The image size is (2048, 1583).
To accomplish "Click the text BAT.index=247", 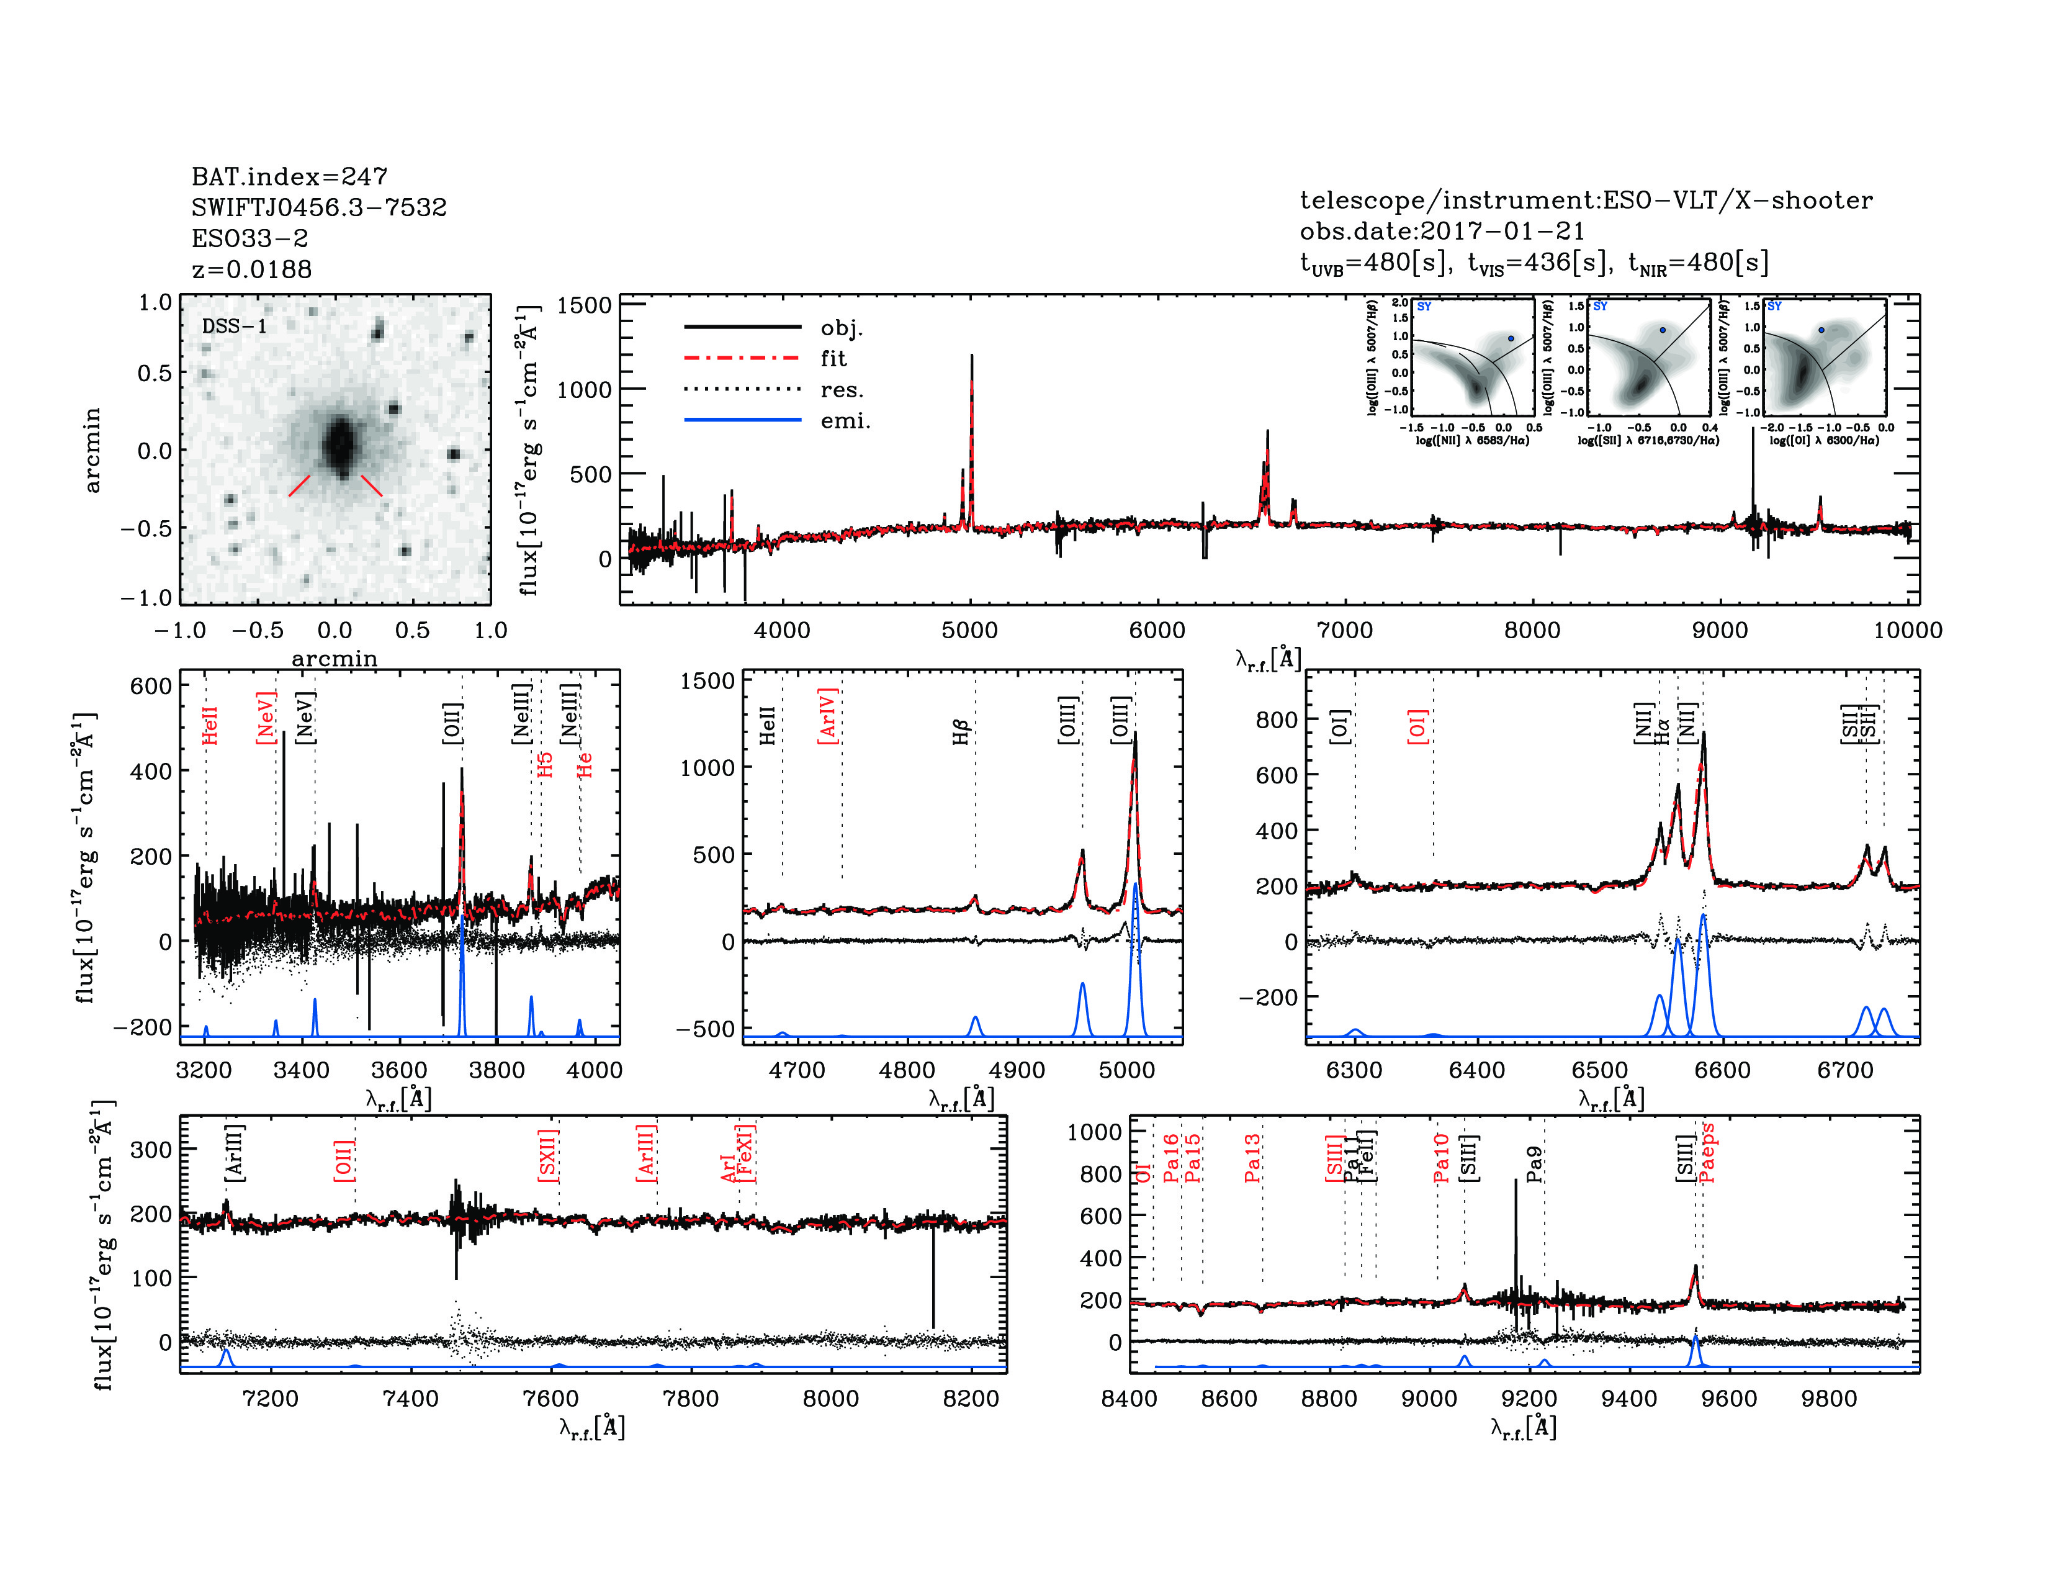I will click(289, 176).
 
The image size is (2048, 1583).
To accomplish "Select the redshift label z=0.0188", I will click(251, 269).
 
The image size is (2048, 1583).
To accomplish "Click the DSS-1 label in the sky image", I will click(235, 327).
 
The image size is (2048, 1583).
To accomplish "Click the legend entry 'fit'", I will click(833, 358).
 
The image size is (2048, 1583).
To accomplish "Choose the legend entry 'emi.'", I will click(845, 421).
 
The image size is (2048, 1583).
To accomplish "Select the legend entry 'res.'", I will click(841, 390).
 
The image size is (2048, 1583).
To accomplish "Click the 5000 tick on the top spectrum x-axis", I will click(969, 630).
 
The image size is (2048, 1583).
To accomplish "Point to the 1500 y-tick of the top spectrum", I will click(583, 305).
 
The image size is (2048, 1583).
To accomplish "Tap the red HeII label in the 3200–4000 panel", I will click(210, 726).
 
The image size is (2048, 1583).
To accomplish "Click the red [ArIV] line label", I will click(827, 716).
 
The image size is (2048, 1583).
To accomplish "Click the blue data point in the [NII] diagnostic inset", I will click(1511, 338).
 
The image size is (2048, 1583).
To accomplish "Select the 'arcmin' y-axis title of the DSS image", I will click(92, 450).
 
